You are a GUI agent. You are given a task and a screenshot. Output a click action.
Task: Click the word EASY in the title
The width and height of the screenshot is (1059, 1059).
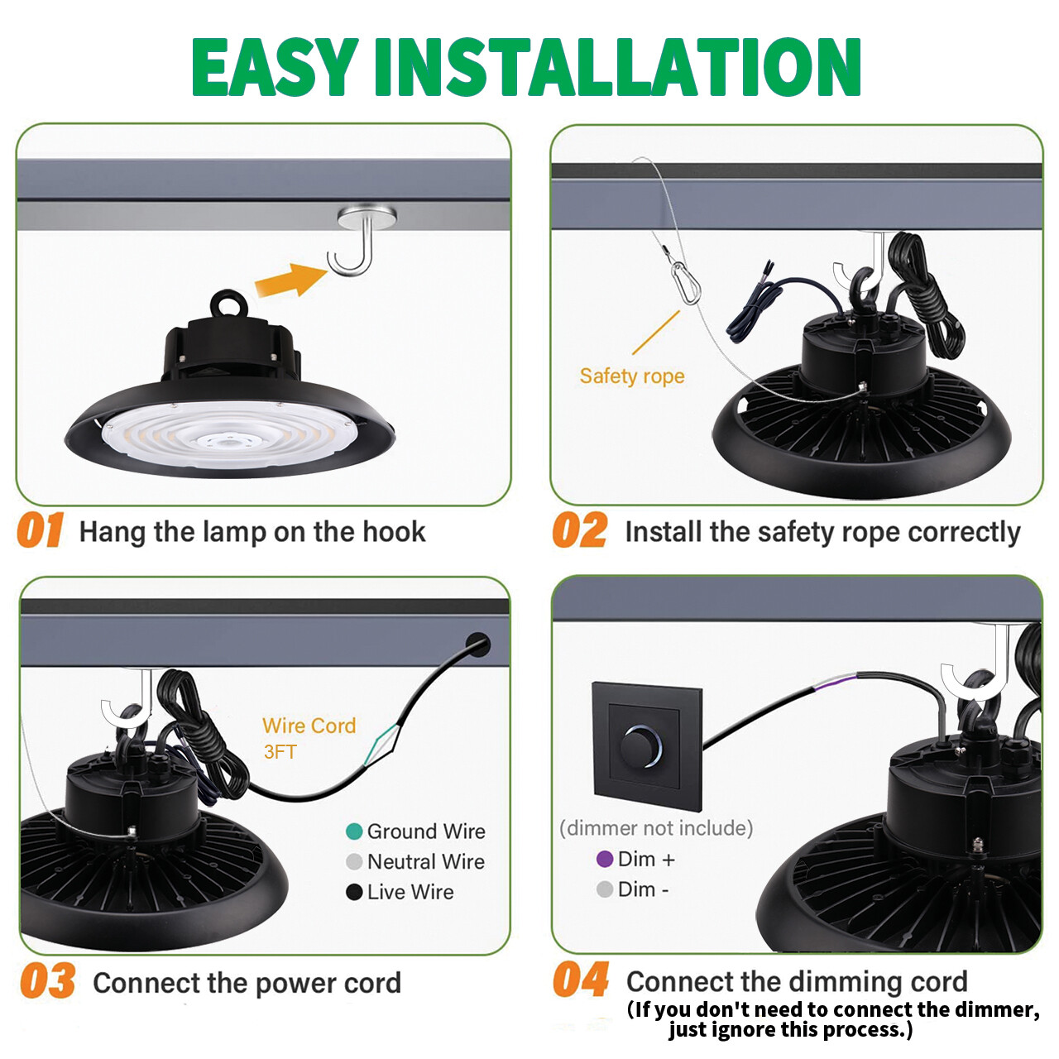(274, 68)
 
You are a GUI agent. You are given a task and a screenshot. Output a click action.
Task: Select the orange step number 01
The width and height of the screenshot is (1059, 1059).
(40, 530)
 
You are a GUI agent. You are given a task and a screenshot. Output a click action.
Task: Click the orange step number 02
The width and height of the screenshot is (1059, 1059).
(579, 530)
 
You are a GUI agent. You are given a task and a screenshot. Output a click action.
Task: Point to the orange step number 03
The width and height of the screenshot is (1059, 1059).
(47, 982)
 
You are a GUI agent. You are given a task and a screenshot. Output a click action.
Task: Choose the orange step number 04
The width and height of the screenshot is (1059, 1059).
(581, 980)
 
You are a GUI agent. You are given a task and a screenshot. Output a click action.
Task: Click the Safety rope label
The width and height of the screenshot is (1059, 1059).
(632, 376)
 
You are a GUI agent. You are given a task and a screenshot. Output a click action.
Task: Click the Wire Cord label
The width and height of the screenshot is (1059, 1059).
(309, 726)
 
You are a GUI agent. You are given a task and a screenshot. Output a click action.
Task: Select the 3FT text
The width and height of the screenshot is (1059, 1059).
(280, 752)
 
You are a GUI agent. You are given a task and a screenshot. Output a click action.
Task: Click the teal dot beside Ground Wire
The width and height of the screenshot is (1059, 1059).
(354, 831)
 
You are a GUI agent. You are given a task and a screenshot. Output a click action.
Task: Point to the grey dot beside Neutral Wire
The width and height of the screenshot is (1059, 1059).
(354, 862)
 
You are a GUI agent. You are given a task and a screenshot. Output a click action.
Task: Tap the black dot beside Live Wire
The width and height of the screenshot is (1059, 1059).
(354, 892)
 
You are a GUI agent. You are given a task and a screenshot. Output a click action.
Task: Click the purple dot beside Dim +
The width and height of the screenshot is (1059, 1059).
(605, 860)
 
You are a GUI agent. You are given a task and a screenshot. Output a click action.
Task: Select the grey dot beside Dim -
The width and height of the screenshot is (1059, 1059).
(605, 889)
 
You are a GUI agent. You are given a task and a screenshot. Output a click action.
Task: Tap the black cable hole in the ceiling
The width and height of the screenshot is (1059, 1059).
(478, 645)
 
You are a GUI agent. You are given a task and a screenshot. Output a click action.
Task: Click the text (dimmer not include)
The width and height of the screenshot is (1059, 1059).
(656, 828)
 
